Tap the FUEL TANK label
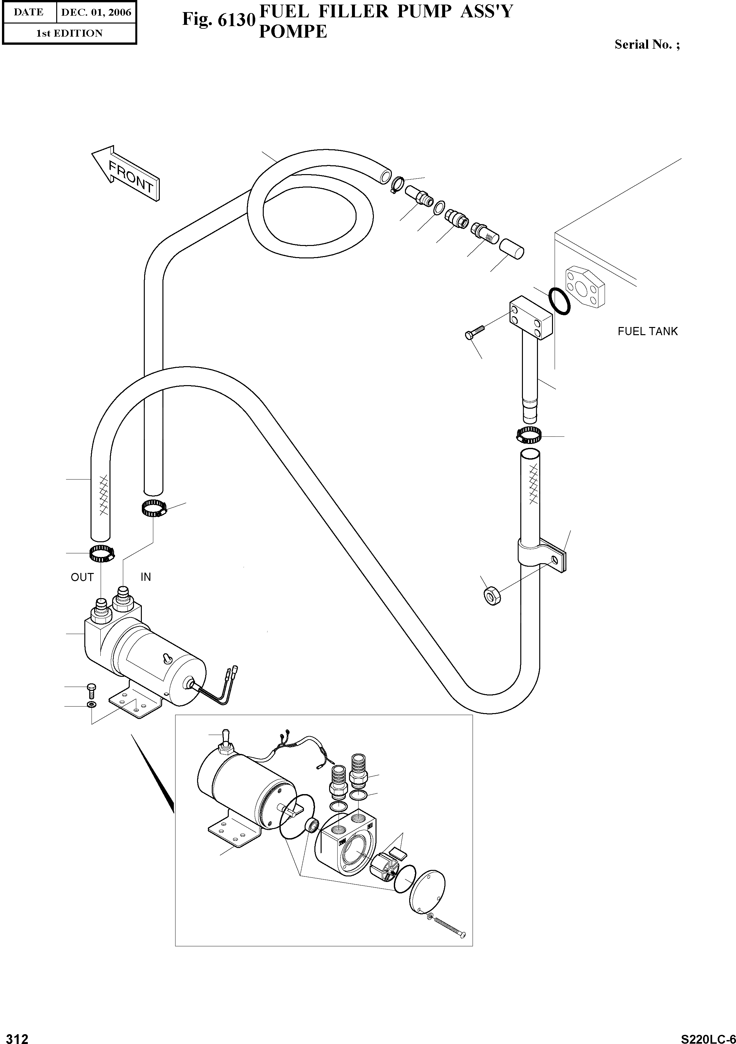(x=647, y=332)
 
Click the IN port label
(x=145, y=577)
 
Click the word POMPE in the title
(x=293, y=31)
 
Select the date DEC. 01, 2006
(x=96, y=12)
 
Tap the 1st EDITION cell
(x=69, y=33)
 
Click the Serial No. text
(x=647, y=44)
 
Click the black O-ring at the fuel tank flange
(x=559, y=301)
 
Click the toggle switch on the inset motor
(x=225, y=741)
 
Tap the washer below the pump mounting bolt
(x=91, y=705)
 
